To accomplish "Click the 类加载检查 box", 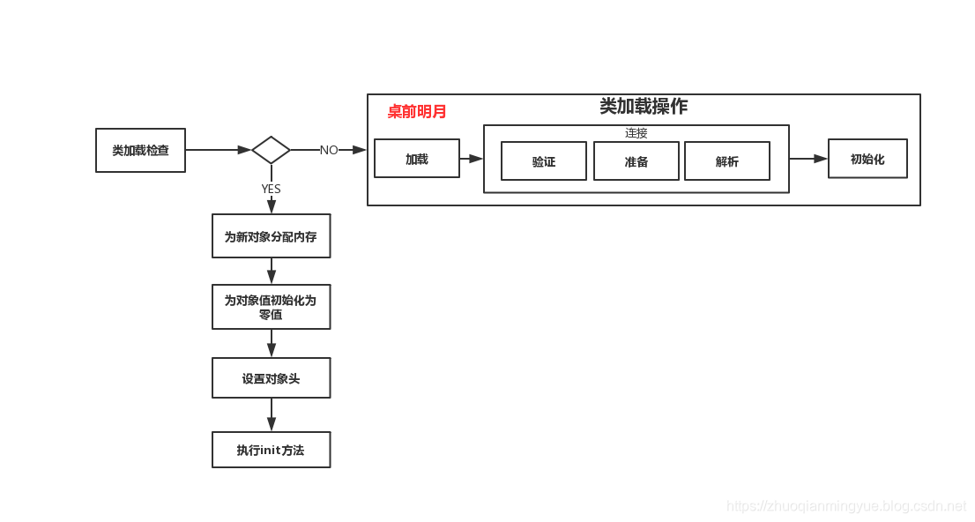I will (140, 150).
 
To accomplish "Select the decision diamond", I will (271, 150).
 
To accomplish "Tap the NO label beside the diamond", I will (329, 151).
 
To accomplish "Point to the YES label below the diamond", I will (271, 189).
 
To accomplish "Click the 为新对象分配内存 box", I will (271, 236).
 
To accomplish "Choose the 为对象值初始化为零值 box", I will (271, 307).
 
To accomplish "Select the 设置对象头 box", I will (271, 378).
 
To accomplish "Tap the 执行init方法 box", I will (271, 450).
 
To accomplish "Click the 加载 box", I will (417, 159).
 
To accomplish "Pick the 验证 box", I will (544, 161).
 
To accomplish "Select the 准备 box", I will (636, 161).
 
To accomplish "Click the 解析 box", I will (727, 161).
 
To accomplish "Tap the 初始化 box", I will (867, 159).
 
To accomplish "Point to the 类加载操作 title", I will (644, 107).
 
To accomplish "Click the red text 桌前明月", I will (417, 112).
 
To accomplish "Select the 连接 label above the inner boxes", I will (636, 133).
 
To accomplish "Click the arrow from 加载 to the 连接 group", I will (472, 159).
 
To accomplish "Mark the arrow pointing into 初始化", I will (808, 159).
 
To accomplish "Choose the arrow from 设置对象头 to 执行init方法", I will (272, 414).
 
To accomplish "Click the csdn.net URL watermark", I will (846, 506).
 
